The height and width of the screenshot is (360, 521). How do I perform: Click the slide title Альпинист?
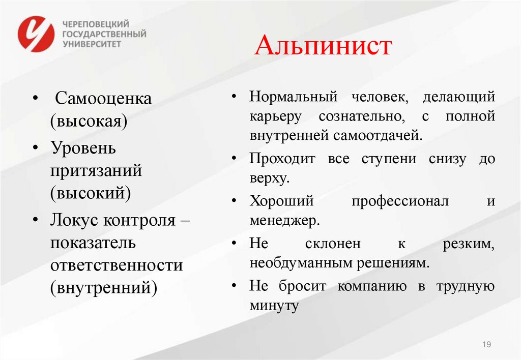tap(324, 47)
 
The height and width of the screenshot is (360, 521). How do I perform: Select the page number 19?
tap(486, 345)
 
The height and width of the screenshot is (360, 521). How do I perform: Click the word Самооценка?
tap(103, 98)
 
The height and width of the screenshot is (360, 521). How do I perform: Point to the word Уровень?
tap(83, 148)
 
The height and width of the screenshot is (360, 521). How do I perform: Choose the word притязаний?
tap(96, 170)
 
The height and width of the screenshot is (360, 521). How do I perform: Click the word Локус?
tap(74, 220)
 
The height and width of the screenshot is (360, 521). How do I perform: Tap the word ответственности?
tap(116, 265)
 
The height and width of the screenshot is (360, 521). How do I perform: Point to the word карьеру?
tap(275, 116)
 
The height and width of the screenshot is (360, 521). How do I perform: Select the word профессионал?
tap(400, 201)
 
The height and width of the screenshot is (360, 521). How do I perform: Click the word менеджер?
tap(284, 220)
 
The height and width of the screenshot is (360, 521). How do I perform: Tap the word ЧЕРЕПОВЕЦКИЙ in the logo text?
tap(95, 24)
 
